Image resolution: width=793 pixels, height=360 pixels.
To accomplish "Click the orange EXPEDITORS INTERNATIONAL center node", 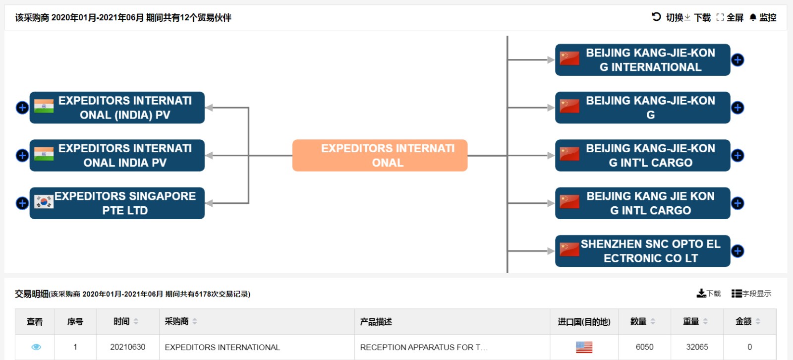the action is [x=380, y=155].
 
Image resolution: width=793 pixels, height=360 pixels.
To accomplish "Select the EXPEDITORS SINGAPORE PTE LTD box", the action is [x=117, y=203].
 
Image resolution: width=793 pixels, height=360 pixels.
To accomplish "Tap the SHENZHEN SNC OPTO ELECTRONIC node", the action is [x=642, y=251].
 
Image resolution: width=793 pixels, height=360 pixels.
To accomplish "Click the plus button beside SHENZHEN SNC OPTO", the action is [x=738, y=251].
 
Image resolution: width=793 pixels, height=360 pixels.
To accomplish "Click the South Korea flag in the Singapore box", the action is [x=44, y=202].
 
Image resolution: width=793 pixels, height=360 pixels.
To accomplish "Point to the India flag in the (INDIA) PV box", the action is [x=44, y=106].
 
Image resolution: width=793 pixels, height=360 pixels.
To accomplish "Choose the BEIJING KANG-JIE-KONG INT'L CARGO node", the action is [x=642, y=155].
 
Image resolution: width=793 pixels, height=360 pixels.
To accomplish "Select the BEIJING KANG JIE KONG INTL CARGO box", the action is [x=642, y=203].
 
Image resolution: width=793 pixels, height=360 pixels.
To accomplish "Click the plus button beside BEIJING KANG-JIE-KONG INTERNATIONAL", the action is [x=738, y=60].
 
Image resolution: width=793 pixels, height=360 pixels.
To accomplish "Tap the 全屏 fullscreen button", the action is [x=730, y=17].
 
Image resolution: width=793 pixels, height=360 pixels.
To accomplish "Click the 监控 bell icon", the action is [x=753, y=17].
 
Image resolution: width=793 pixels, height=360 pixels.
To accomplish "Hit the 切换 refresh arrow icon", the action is [x=656, y=17].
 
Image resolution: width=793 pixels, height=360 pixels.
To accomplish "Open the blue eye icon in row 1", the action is [x=36, y=347].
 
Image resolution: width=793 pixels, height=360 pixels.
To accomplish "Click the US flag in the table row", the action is [x=584, y=347].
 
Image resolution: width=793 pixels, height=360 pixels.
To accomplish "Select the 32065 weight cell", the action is [x=697, y=347].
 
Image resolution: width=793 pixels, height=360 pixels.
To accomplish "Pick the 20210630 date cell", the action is [x=128, y=347].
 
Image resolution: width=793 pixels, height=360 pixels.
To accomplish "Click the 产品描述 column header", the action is [x=376, y=322].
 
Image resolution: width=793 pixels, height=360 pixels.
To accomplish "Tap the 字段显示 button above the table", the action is [x=751, y=294].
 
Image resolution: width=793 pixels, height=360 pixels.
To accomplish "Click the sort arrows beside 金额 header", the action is [x=758, y=321].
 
